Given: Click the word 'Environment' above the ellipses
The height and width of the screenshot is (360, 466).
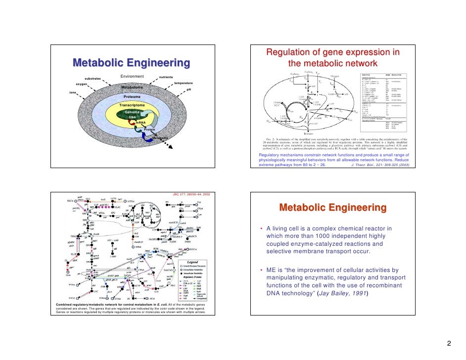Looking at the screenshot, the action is click(x=132, y=76).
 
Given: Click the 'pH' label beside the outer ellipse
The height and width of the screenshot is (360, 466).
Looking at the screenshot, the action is click(x=189, y=90).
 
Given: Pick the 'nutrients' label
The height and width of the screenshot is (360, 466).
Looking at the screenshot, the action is click(x=166, y=78).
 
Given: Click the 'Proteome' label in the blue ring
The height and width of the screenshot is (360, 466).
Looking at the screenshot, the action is click(x=132, y=96).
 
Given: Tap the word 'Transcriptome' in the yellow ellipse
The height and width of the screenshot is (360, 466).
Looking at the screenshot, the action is click(x=132, y=105).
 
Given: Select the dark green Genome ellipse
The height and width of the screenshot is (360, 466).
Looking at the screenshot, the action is click(x=133, y=115).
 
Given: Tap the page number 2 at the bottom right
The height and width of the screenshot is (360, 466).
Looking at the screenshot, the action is click(x=448, y=344).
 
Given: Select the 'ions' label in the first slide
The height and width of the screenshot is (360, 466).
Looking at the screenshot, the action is click(x=72, y=92).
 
